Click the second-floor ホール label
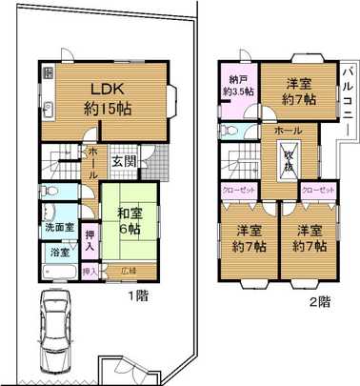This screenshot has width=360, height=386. point(289,128)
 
